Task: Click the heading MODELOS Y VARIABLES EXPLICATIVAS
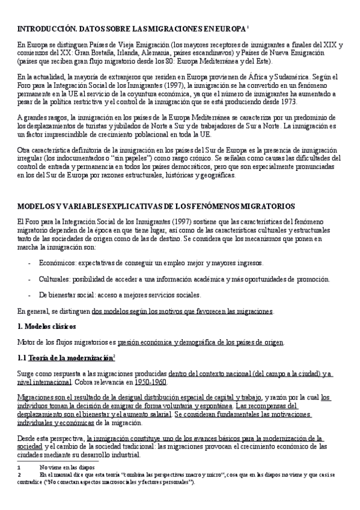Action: [89, 206]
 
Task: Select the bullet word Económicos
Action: [58, 263]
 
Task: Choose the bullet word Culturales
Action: [55, 280]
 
